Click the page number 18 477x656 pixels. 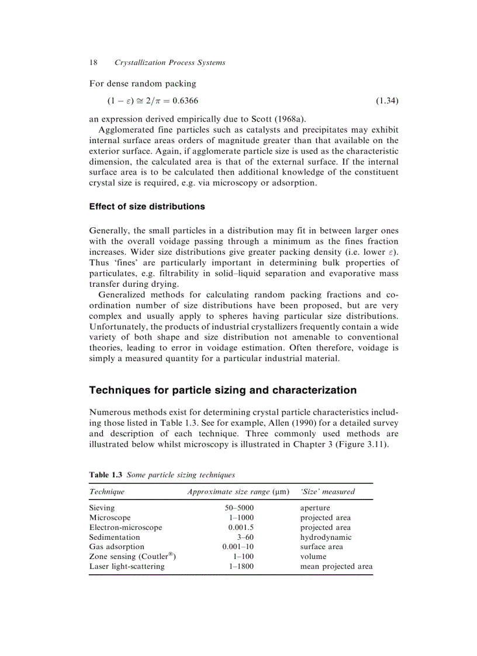click(93, 63)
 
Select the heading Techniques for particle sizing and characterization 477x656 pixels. click(222, 390)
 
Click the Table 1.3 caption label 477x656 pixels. click(105, 475)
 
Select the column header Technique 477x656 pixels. click(107, 492)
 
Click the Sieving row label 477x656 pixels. click(102, 508)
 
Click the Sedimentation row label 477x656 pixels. click(115, 537)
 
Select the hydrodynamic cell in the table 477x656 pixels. click(326, 537)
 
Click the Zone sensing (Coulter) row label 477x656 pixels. click(132, 556)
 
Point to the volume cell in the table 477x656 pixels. click(313, 557)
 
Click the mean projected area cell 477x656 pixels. click(336, 566)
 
